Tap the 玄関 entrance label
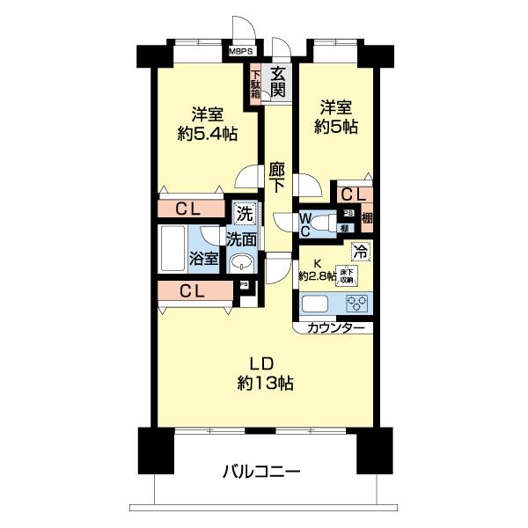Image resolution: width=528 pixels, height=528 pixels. point(278,82)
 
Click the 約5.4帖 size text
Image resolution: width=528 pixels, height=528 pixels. point(206,134)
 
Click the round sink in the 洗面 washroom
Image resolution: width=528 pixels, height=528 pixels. point(240,264)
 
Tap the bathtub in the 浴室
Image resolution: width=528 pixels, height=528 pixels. point(172,250)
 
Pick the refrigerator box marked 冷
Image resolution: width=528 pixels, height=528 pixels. point(360,251)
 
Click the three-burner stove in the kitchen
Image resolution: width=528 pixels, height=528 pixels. point(357,304)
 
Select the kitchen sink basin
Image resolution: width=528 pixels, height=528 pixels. point(317,304)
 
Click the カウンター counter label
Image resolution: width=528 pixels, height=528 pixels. point(335,327)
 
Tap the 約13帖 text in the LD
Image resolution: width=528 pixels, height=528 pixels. point(264,383)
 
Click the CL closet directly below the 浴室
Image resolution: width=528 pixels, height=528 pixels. point(196,291)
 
